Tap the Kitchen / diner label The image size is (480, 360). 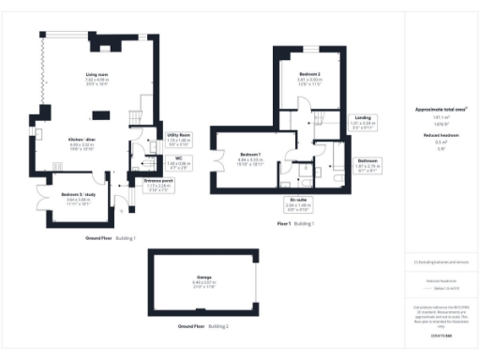(x=98, y=144)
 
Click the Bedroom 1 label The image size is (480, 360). (x=249, y=157)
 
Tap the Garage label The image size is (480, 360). (x=204, y=280)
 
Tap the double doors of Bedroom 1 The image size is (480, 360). (x=220, y=159)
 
